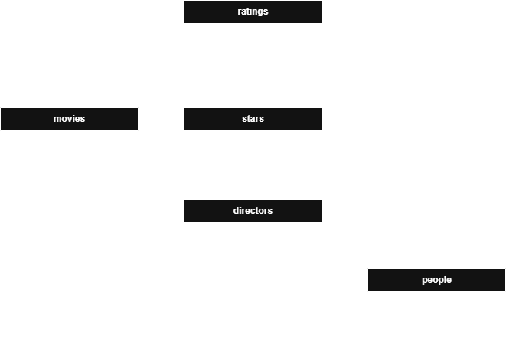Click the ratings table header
[x=253, y=12]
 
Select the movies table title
[x=69, y=119]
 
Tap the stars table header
[x=253, y=119]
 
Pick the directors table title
[x=253, y=211]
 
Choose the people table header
[x=436, y=280]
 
